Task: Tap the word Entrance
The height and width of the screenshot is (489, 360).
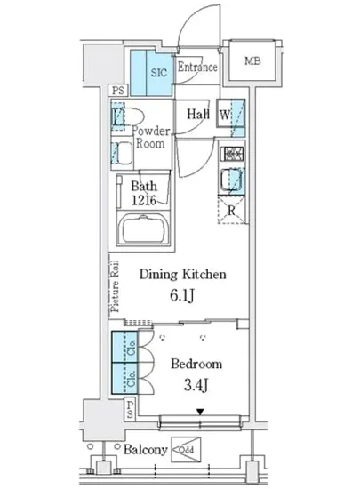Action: pyautogui.click(x=196, y=68)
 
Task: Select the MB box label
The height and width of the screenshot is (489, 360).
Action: pyautogui.click(x=252, y=61)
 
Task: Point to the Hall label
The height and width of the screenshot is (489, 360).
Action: pyautogui.click(x=197, y=114)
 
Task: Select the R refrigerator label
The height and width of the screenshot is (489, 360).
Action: pyautogui.click(x=231, y=211)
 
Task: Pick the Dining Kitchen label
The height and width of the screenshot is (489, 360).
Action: pyautogui.click(x=188, y=275)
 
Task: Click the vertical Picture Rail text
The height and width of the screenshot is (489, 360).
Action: pyautogui.click(x=114, y=285)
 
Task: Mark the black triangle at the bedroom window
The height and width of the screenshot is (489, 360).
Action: pyautogui.click(x=200, y=411)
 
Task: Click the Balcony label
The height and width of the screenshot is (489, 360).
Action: pyautogui.click(x=145, y=450)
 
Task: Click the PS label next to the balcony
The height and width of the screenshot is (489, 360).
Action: pyautogui.click(x=130, y=410)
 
